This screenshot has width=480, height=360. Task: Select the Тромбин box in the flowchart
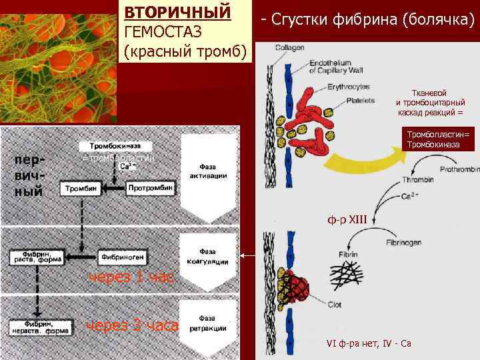(81, 189)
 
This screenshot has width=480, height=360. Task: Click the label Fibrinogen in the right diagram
(406, 243)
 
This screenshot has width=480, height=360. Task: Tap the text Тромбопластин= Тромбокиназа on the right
(439, 139)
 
